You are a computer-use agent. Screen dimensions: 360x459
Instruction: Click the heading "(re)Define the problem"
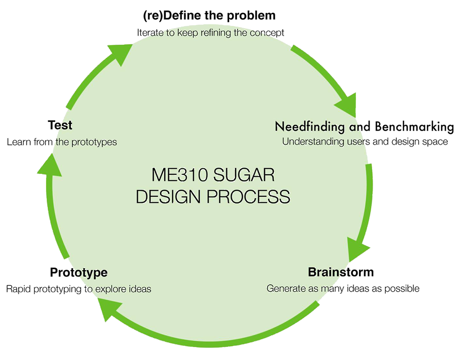tap(209, 15)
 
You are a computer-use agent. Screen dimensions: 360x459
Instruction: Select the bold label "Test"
tap(60, 125)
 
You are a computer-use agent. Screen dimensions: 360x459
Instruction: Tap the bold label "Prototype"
tap(78, 273)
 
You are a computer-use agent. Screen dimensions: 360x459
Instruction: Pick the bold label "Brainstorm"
tap(340, 272)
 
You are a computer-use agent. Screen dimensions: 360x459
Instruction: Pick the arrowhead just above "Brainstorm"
tap(358, 249)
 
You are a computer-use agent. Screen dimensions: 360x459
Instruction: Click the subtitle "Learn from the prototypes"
tap(62, 142)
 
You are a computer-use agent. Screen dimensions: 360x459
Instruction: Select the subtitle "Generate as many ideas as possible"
tap(342, 289)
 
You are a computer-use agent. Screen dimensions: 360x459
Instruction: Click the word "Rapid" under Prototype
tap(18, 289)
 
